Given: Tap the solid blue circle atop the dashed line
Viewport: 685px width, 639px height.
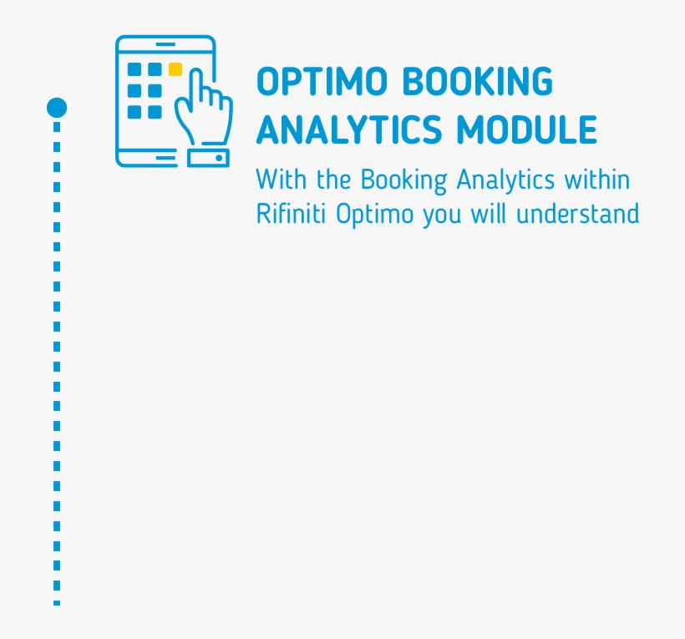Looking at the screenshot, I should pyautogui.click(x=57, y=108).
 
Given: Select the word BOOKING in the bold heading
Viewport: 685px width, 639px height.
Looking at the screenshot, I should pyautogui.click(x=476, y=83).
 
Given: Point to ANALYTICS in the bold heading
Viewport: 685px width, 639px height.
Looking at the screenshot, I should pyautogui.click(x=350, y=130).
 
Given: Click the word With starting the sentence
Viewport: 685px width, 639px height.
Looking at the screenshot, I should pyautogui.click(x=282, y=180).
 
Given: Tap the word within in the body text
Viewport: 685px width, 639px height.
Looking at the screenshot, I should pyautogui.click(x=597, y=180).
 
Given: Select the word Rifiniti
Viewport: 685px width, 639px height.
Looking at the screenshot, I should pyautogui.click(x=292, y=214).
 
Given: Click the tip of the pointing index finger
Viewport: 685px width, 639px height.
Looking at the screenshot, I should pyautogui.click(x=197, y=71).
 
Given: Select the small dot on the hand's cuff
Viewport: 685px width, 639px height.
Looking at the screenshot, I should pyautogui.click(x=219, y=157).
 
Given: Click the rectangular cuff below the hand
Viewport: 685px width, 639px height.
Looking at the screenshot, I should pyautogui.click(x=208, y=157).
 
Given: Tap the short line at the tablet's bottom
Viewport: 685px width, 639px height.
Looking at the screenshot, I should pyautogui.click(x=165, y=156).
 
